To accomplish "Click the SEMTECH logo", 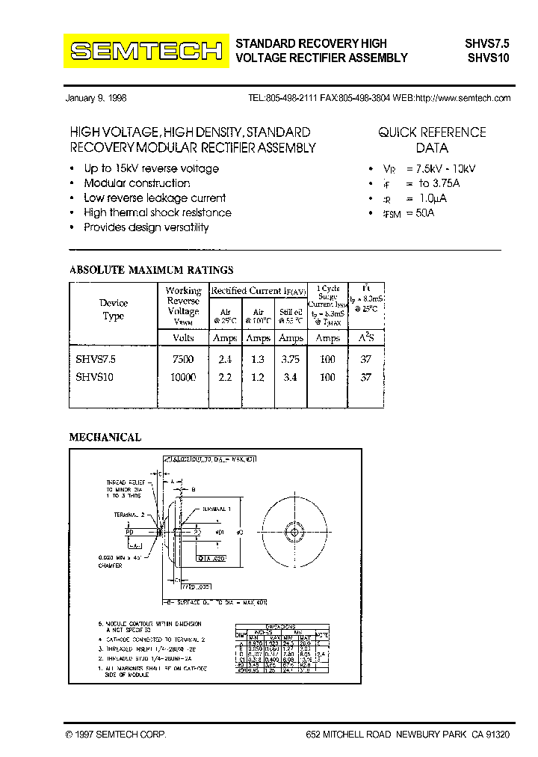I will (146, 51).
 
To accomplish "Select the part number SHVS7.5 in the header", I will (488, 43).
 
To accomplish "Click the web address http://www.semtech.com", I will (463, 98).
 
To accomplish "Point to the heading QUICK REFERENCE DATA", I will (432, 140).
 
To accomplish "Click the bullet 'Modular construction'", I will (137, 183).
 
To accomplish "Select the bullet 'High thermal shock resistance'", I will (157, 212).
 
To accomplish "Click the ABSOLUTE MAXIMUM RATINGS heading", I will (151, 270).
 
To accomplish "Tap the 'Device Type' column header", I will (113, 309).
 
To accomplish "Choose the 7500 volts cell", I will (183, 359).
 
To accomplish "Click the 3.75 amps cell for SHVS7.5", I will (290, 359).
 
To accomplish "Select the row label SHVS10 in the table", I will (94, 378).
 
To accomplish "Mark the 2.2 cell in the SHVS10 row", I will (225, 378).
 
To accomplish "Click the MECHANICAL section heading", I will (105, 438).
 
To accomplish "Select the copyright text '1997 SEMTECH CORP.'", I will (120, 735).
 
